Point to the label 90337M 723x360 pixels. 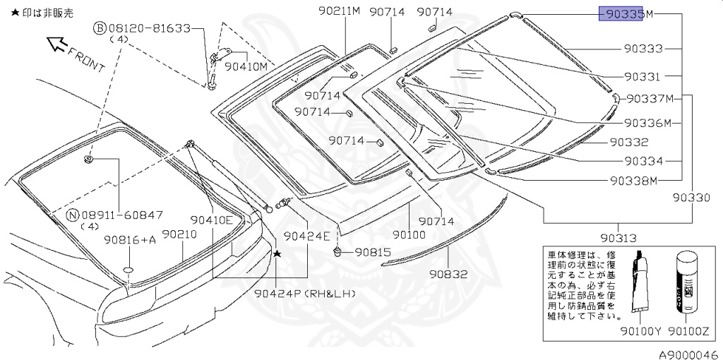click(x=650, y=98)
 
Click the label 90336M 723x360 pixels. click(x=647, y=124)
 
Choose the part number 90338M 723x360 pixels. click(x=633, y=180)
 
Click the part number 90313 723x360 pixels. click(x=619, y=238)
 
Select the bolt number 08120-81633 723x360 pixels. click(x=150, y=28)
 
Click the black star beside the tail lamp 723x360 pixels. click(x=277, y=253)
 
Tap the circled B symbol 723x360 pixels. click(x=100, y=28)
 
